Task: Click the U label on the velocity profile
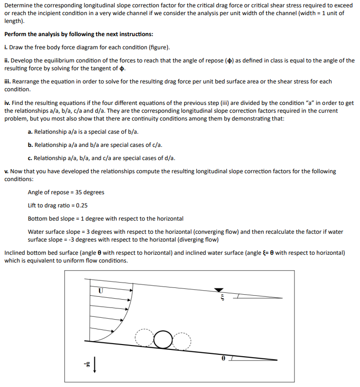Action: [x=101, y=290]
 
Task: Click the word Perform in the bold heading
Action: [x=15, y=35]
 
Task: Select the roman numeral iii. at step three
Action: [x=8, y=81]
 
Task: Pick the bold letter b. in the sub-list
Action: [x=30, y=145]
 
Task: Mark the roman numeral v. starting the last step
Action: [x=6, y=171]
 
